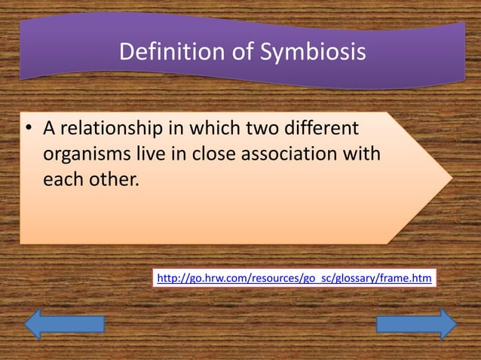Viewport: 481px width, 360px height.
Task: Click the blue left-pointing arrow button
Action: (64, 324)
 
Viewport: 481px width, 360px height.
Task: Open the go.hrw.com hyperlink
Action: (294, 279)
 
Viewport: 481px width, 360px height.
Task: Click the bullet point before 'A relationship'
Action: (28, 130)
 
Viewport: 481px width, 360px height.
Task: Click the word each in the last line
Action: (63, 182)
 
